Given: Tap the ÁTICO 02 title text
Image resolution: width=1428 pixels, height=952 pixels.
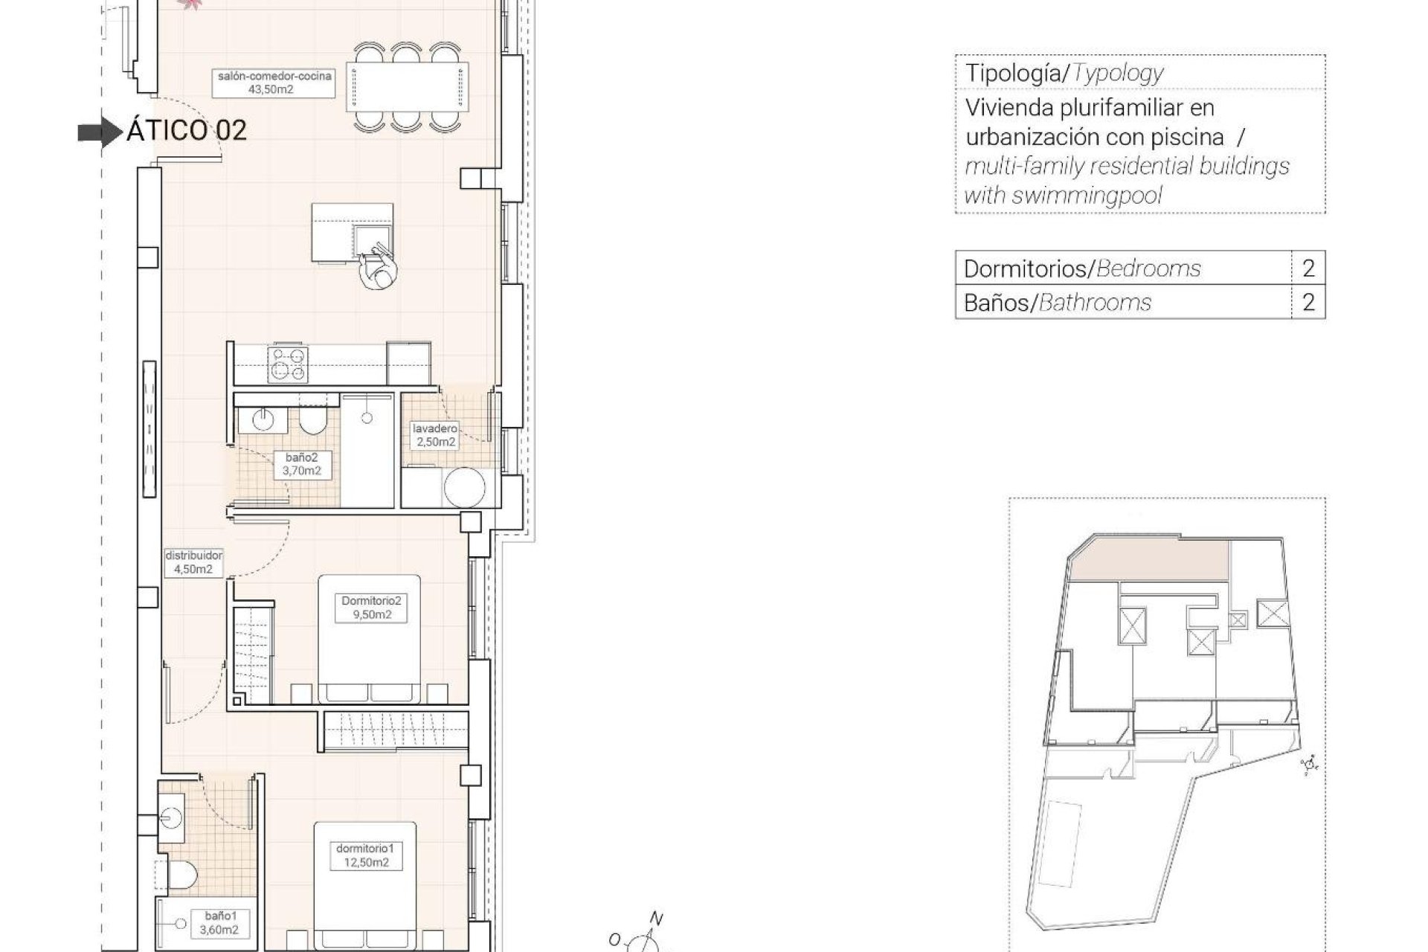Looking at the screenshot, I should coord(186,131).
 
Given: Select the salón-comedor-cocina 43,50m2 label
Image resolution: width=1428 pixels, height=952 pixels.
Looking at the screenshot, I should coord(274,83).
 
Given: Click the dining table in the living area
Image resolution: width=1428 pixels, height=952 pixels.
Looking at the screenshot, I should coord(408,88).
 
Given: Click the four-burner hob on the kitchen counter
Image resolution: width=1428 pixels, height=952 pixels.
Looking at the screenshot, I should coord(288,364).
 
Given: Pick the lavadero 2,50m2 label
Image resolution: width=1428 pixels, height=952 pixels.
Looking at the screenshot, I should coord(435,435).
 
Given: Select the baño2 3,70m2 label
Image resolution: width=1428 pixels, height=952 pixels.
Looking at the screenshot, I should coord(301,464).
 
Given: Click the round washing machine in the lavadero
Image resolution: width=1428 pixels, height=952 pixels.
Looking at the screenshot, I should coord(465,487).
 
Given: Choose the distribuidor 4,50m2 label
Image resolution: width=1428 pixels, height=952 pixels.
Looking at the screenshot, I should coord(193,562).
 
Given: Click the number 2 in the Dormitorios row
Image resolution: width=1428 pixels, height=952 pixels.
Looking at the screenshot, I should coord(1308,268).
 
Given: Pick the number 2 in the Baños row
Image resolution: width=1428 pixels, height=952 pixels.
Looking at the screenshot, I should coord(1308,302).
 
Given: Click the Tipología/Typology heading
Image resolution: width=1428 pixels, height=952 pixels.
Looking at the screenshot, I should coord(1064,73).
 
